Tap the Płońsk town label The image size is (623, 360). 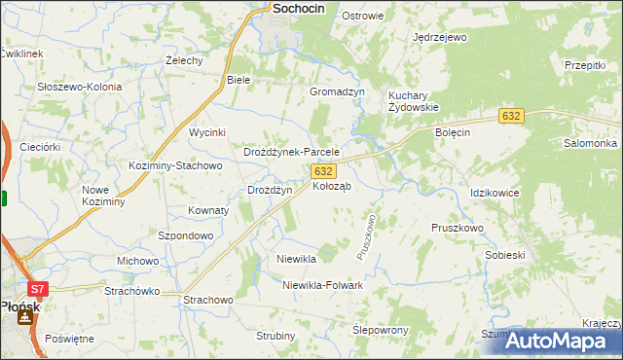(x=18, y=306)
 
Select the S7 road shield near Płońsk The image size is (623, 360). (x=37, y=289)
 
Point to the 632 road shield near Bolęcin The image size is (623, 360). (x=512, y=116)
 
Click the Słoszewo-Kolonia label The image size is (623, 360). (x=80, y=87)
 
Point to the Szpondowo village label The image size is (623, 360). (x=185, y=235)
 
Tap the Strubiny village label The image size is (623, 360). (x=275, y=336)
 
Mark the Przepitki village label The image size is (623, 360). (x=584, y=64)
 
